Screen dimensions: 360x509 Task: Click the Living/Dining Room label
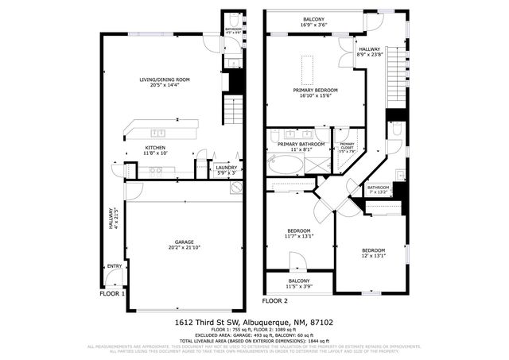(164, 81)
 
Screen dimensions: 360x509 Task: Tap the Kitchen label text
(154, 149)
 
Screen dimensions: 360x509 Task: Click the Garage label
(185, 244)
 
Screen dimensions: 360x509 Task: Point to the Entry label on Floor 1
(115, 266)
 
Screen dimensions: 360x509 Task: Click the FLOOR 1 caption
(113, 293)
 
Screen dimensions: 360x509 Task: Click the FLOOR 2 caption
(275, 301)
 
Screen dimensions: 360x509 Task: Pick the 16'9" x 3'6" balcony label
(313, 21)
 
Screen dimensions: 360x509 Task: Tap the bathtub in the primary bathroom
(285, 165)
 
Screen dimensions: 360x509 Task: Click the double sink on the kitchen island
(158, 133)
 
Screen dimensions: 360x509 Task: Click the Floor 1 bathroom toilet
(232, 21)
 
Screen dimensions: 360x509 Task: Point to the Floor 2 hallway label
(370, 52)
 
